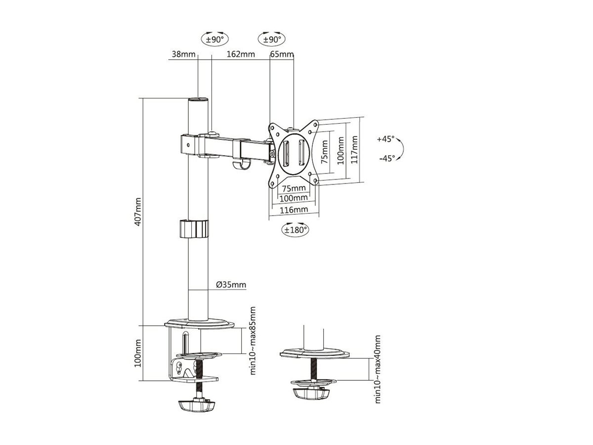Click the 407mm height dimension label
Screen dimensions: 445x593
tap(139, 212)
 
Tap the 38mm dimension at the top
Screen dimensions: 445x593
tap(182, 54)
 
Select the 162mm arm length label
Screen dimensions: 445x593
tap(241, 54)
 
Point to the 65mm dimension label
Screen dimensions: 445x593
tap(283, 54)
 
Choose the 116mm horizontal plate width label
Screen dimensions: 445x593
tap(294, 210)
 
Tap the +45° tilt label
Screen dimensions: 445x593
tap(385, 139)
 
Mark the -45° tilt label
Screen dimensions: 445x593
tap(385, 158)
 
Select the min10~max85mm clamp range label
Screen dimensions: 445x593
tap(253, 340)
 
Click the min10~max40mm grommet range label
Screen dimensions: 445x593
tap(378, 369)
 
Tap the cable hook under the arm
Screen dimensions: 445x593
tap(240, 165)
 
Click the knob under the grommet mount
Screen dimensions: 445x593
tap(311, 393)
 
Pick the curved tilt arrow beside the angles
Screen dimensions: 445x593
tap(401, 149)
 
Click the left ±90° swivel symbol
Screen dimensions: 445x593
tap(214, 39)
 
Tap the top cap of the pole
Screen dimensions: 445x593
tap(198, 100)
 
